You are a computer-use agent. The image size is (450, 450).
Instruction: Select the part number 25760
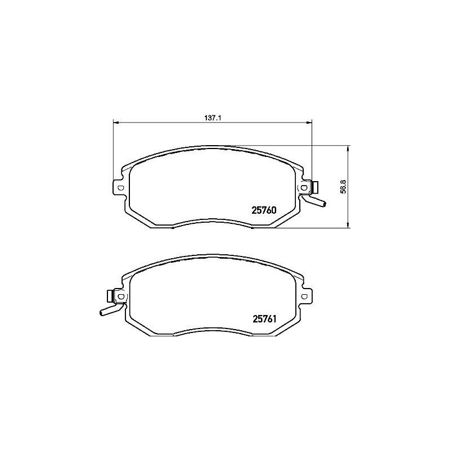click(263, 211)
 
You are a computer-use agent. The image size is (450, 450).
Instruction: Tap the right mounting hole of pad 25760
click(304, 187)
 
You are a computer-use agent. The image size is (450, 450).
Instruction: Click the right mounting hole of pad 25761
click(304, 296)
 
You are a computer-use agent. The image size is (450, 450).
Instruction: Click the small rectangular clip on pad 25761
click(109, 295)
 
